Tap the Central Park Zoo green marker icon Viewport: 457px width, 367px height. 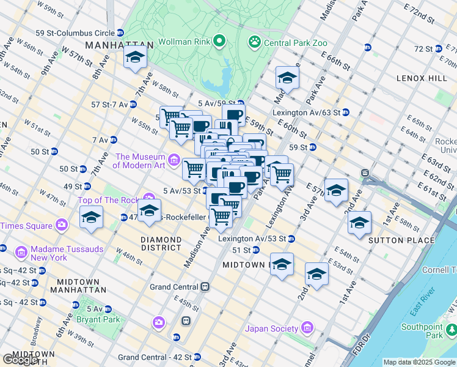pyautogui.click(x=254, y=42)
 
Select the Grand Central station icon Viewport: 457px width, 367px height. pyautogui.click(x=207, y=286)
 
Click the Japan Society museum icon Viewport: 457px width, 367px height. pyautogui.click(x=307, y=328)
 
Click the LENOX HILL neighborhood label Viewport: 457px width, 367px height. pyautogui.click(x=422, y=78)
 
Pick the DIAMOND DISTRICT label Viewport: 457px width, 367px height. pyautogui.click(x=161, y=243)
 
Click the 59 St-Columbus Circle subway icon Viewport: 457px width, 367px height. pyautogui.click(x=120, y=32)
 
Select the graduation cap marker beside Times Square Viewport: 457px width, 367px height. pyautogui.click(x=91, y=218)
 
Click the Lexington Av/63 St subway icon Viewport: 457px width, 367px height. pyautogui.click(x=346, y=113)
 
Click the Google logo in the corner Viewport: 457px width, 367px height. pyautogui.click(x=20, y=359)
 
